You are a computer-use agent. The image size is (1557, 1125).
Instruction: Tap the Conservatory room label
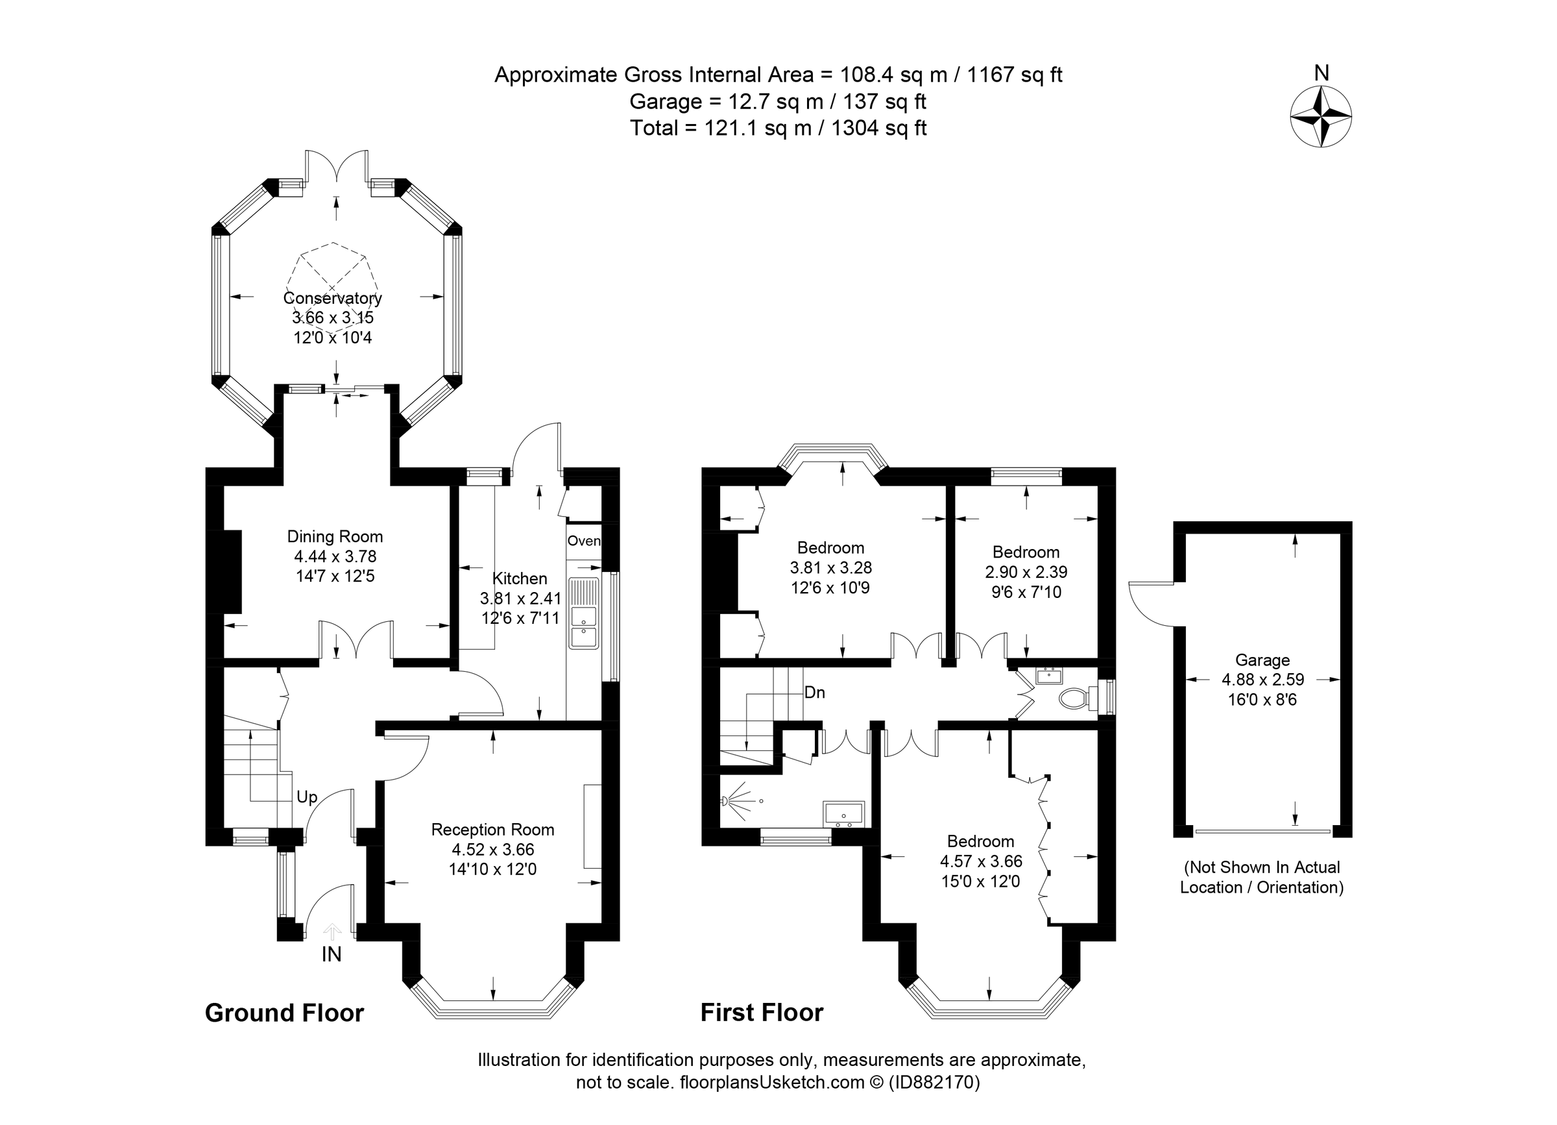pyautogui.click(x=332, y=298)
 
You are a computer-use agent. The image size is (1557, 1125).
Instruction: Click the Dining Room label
pyautogui.click(x=334, y=536)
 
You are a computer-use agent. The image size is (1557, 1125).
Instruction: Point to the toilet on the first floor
pyautogui.click(x=1073, y=699)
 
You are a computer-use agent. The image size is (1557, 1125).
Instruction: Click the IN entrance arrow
pyautogui.click(x=332, y=932)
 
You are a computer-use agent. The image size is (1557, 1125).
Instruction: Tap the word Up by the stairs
pyautogui.click(x=307, y=797)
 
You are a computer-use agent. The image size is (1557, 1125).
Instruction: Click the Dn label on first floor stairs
pyautogui.click(x=814, y=692)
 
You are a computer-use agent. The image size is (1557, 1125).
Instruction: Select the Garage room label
pyautogui.click(x=1262, y=660)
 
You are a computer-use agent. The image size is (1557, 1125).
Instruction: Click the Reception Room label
pyautogui.click(x=492, y=830)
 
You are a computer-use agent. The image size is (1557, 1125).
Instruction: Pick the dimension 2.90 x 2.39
pyautogui.click(x=1026, y=572)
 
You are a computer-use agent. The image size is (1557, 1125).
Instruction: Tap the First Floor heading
pyautogui.click(x=762, y=1012)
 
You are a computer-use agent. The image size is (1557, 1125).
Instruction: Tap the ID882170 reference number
pyautogui.click(x=934, y=1082)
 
